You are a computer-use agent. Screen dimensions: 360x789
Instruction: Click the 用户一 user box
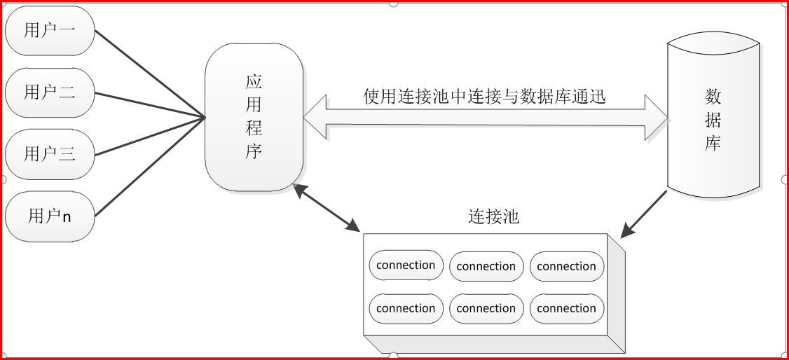(x=50, y=31)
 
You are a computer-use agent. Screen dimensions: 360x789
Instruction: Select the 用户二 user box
(x=50, y=92)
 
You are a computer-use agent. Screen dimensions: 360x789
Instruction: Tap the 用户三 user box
(x=50, y=153)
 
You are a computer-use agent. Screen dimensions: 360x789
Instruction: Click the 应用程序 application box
(x=254, y=117)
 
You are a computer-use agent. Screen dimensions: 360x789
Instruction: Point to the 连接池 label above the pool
(x=493, y=216)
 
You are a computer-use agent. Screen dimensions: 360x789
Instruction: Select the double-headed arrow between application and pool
(x=327, y=208)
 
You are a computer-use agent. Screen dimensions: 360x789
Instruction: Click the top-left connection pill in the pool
(x=406, y=265)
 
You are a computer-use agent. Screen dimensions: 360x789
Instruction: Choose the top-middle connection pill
(x=486, y=267)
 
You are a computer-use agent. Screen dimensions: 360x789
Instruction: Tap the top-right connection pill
(x=566, y=267)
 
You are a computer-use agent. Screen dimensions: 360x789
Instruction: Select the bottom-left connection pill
(x=406, y=309)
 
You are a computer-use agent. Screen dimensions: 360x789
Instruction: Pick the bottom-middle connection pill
(x=486, y=309)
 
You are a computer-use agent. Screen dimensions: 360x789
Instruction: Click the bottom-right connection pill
(x=566, y=309)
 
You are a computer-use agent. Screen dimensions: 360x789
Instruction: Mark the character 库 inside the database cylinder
(x=713, y=144)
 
